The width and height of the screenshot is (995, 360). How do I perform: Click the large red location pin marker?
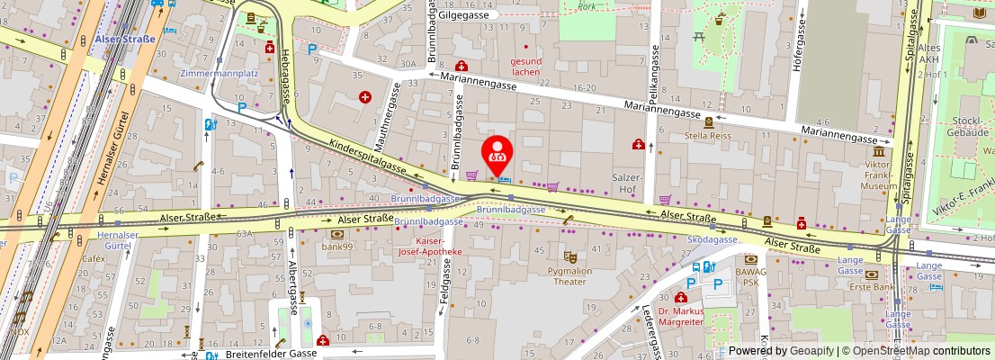coord(497,155)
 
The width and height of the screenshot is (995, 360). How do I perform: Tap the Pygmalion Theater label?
coord(569,275)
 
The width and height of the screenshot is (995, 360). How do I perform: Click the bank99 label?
coord(336,246)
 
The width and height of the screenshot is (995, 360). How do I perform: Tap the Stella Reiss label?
coord(709,138)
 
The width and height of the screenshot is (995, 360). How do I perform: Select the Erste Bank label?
coord(877,287)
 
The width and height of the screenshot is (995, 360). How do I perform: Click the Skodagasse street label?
coord(713,240)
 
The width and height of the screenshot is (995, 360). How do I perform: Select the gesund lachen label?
coord(526,66)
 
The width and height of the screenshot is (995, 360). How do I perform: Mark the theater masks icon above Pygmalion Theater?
coord(569,256)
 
